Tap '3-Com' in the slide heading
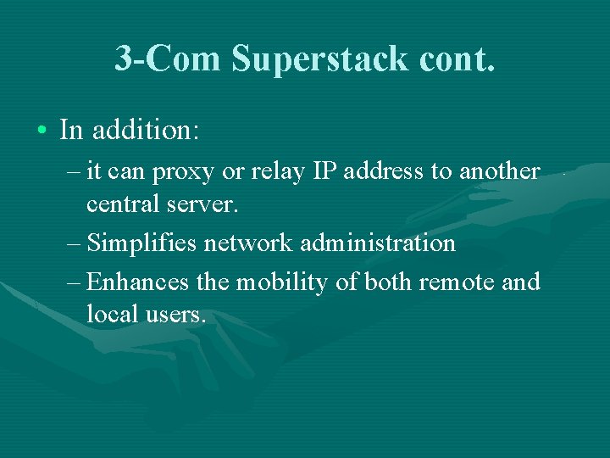point(168,59)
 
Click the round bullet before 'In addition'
point(42,131)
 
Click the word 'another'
point(499,171)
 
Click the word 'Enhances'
point(139,282)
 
